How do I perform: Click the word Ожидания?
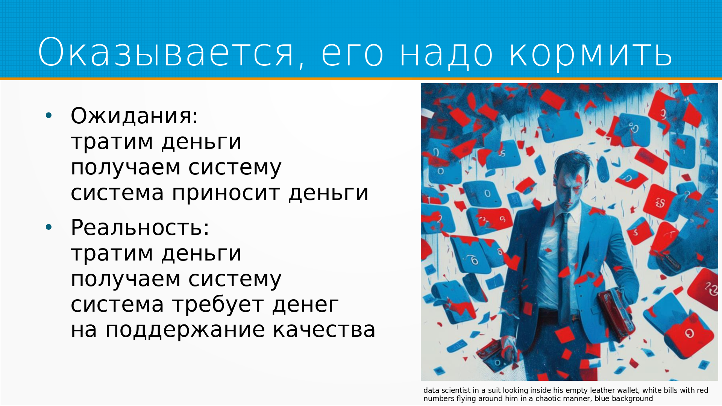134,116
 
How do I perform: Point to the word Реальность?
140,227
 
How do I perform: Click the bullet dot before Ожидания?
49,115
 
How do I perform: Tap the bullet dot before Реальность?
49,227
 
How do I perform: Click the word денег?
305,305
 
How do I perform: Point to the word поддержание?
185,330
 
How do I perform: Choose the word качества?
324,330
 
